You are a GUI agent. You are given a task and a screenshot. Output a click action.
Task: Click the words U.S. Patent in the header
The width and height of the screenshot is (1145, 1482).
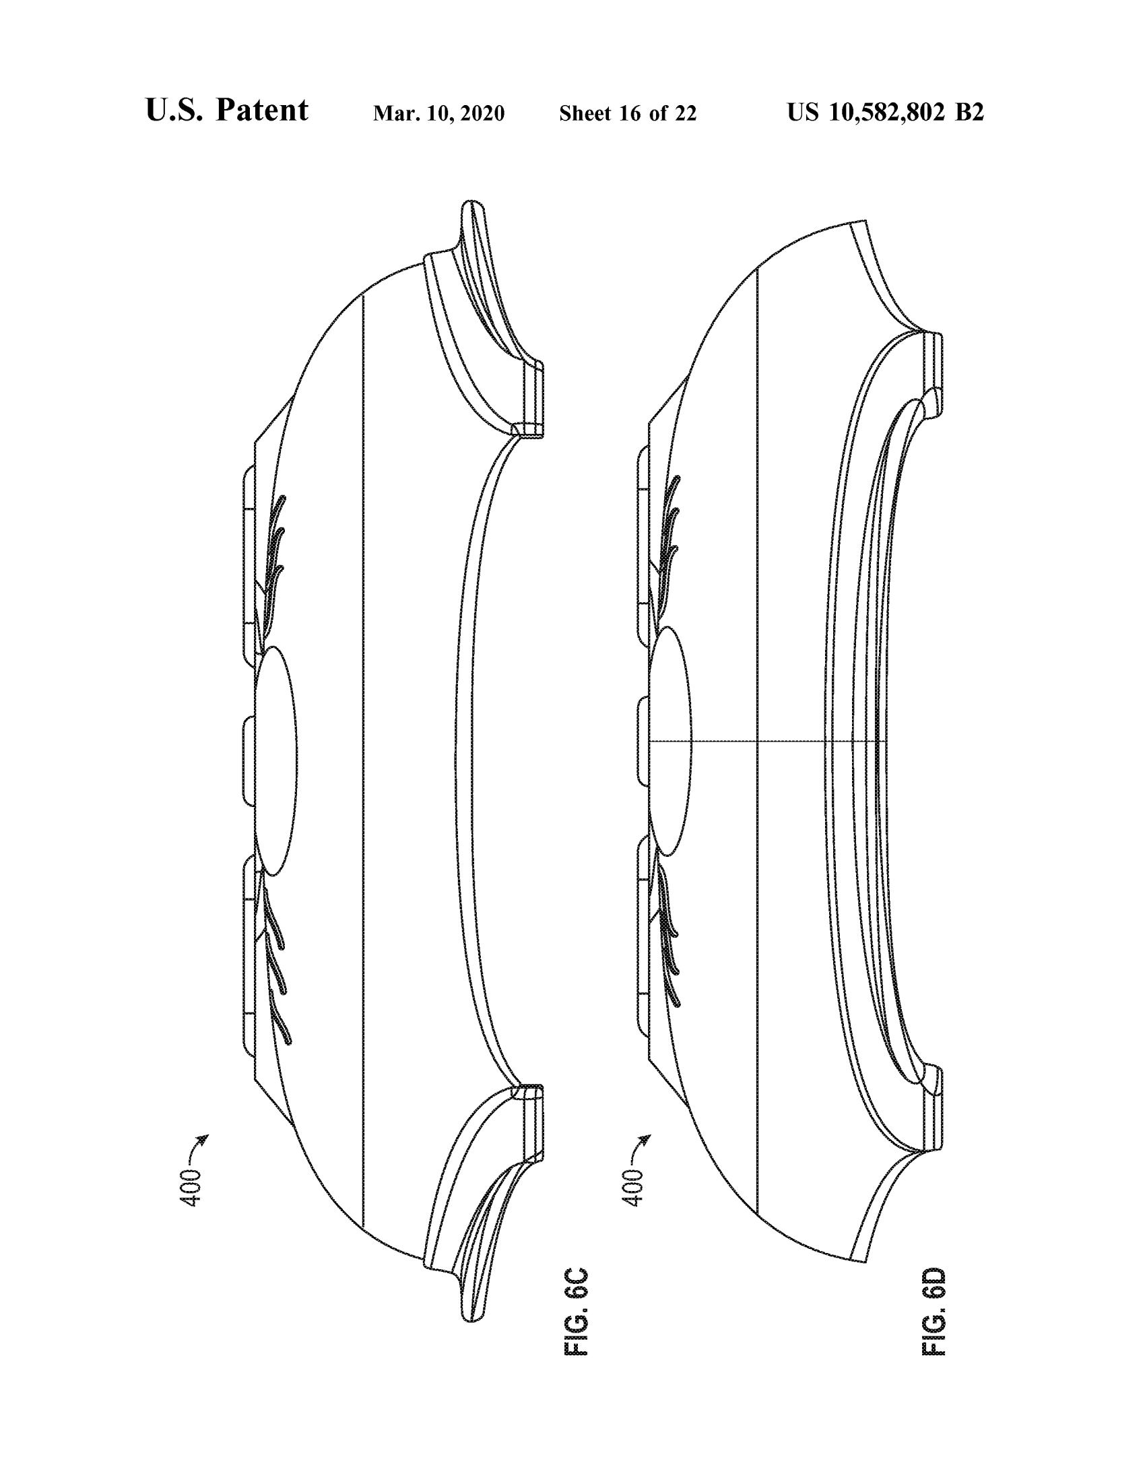(x=226, y=110)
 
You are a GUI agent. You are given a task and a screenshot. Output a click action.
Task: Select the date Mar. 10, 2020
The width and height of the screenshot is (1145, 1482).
(x=439, y=113)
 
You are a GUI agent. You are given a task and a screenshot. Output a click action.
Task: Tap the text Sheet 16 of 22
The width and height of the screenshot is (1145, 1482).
(x=628, y=113)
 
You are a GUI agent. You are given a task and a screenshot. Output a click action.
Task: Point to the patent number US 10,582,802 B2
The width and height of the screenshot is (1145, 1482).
(x=885, y=112)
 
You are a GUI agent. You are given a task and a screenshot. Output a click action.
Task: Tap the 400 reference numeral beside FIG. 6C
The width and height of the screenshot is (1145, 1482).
(x=192, y=1188)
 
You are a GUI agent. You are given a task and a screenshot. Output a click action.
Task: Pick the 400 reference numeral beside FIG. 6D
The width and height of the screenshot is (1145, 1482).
(x=633, y=1188)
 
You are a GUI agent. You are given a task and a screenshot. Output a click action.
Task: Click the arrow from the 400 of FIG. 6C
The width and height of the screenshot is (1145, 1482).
(x=198, y=1145)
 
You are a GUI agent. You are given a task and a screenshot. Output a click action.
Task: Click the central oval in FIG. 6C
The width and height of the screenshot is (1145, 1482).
(x=275, y=760)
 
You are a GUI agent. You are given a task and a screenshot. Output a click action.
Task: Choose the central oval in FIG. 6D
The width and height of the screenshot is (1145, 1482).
(x=670, y=741)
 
